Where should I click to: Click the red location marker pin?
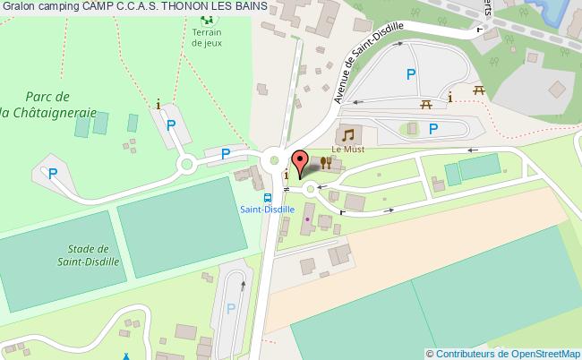(302, 162)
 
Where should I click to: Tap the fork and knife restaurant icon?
(326, 162)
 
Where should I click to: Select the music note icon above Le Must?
(347, 134)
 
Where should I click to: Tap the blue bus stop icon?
(267, 197)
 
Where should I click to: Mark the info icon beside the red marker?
(287, 176)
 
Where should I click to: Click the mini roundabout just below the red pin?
(310, 188)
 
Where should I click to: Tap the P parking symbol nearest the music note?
(432, 129)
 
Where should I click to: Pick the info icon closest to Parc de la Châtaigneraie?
(159, 104)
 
